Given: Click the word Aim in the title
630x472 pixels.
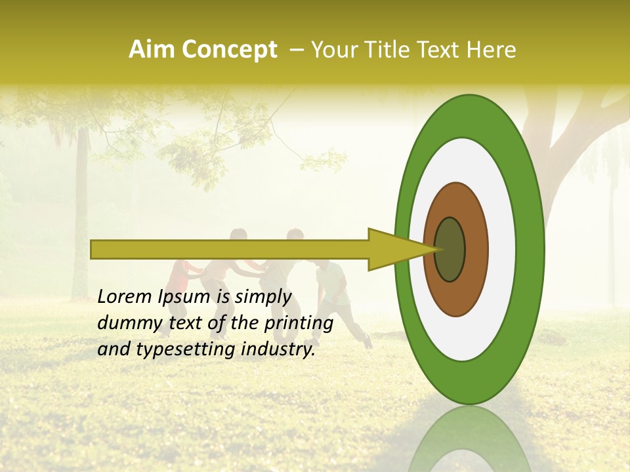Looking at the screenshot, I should (x=152, y=50).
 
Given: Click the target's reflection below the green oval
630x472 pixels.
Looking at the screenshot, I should (x=470, y=439).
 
